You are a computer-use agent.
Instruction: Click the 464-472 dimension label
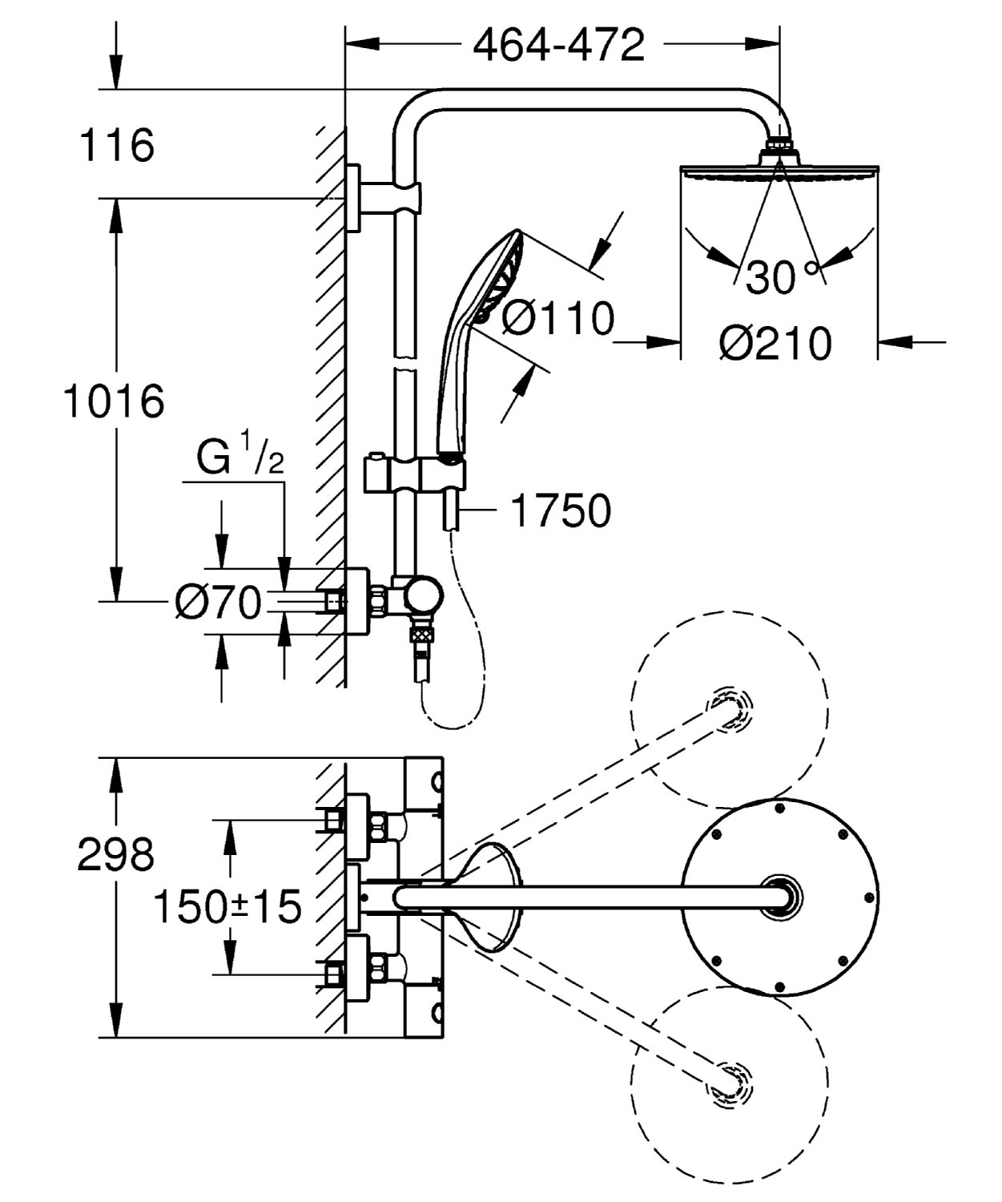[558, 46]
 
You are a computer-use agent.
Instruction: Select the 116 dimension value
[117, 146]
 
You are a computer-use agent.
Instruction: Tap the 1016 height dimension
[114, 401]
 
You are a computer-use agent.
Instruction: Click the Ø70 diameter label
[219, 603]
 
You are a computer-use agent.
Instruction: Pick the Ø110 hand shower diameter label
[557, 318]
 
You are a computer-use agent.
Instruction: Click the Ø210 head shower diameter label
[775, 344]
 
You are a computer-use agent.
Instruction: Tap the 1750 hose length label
[560, 510]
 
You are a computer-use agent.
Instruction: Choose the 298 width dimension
[115, 854]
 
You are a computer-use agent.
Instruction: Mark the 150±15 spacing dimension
[227, 907]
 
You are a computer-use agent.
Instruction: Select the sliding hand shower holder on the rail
[408, 474]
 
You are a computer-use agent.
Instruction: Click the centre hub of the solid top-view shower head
[780, 897]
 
